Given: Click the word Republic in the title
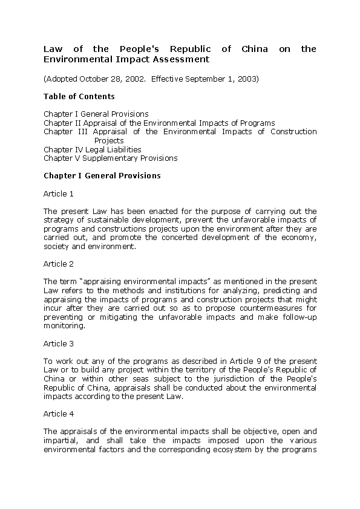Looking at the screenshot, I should pos(190,49).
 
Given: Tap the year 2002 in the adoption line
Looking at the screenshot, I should pos(133,79).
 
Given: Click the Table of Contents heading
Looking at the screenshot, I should pos(79,97).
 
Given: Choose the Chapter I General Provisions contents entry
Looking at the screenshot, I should pos(96,114).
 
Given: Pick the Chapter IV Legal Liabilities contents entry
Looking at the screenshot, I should pos(92,149).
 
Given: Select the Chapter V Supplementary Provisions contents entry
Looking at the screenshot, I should pos(110,158).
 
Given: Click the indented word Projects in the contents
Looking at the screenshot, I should pos(109,141).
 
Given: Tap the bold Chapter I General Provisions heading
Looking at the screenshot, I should pos(102,176).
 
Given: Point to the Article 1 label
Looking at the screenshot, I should pos(59,194).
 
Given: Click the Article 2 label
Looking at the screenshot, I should pos(59,264).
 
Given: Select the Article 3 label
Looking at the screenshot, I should pos(59,343).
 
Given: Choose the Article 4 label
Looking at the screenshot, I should pos(59,414).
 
